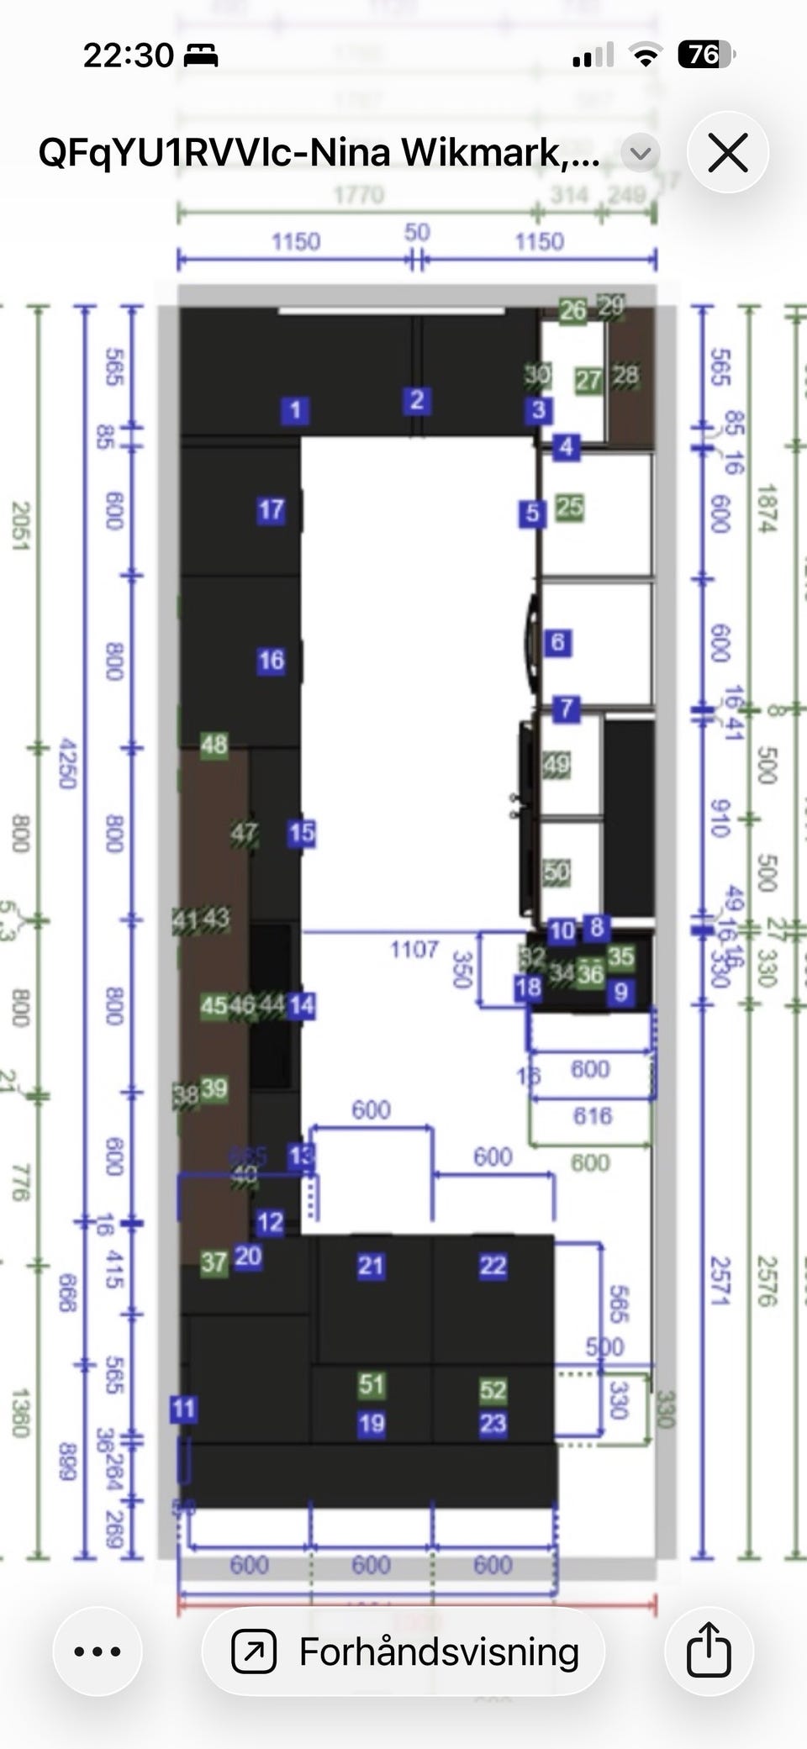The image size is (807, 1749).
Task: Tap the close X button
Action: [727, 154]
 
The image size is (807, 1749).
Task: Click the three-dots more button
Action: [98, 1651]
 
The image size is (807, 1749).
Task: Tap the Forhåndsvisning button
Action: [404, 1652]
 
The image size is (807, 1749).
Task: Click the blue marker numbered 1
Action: [294, 410]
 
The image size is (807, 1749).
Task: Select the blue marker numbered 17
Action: [271, 509]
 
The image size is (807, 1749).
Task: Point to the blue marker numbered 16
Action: [271, 661]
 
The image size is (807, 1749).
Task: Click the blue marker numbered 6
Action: [557, 643]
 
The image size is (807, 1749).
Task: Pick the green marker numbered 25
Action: [569, 507]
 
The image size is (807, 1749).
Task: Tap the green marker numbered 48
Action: [214, 744]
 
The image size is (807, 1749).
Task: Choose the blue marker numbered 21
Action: [371, 1266]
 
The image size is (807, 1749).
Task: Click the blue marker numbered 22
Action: [493, 1266]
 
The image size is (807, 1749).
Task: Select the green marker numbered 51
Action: [371, 1384]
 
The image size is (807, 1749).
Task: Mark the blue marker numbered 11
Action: [183, 1409]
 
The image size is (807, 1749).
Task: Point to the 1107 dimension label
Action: [414, 950]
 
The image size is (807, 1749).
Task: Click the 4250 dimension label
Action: [67, 764]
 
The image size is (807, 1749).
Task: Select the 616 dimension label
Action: [592, 1115]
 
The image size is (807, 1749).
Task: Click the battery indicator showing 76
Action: [704, 55]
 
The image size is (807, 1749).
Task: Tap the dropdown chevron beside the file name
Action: [641, 153]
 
